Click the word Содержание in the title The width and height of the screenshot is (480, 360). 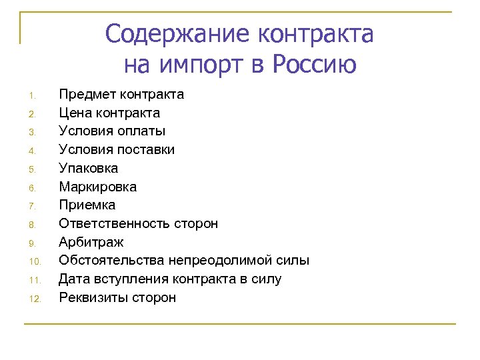click(x=177, y=33)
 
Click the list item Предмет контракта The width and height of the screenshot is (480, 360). click(x=121, y=94)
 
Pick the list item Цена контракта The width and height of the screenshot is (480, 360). click(x=109, y=113)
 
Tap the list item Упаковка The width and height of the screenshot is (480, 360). click(x=89, y=168)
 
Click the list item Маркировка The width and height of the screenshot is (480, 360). click(x=98, y=187)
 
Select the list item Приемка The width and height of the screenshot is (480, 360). click(x=87, y=205)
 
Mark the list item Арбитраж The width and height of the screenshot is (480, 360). click(x=91, y=242)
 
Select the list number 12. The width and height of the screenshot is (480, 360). click(x=36, y=299)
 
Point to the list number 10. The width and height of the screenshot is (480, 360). click(x=36, y=261)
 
